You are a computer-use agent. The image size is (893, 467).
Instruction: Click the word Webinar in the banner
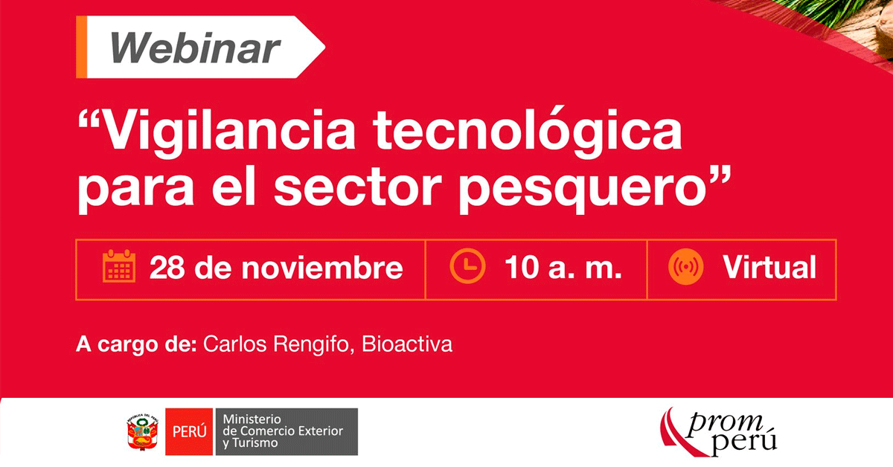(195, 48)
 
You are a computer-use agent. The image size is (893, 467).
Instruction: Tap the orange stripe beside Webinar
(81, 47)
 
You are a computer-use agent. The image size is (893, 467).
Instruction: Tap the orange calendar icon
(119, 266)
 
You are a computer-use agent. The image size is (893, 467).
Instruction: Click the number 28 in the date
(167, 268)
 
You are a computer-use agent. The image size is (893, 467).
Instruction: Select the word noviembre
(322, 268)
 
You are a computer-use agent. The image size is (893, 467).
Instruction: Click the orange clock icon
(467, 265)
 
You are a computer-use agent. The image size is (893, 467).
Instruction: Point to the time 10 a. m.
(563, 267)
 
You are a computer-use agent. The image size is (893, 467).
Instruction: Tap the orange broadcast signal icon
(685, 266)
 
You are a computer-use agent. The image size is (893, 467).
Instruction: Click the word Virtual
(769, 266)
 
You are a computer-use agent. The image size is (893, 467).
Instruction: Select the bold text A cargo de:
(136, 344)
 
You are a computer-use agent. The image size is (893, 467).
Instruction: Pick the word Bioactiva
(406, 344)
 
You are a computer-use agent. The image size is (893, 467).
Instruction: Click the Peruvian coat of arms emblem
(142, 432)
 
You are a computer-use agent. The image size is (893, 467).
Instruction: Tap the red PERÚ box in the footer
(189, 431)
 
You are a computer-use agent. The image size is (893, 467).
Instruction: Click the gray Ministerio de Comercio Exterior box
(287, 431)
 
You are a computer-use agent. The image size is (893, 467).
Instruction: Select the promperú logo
(718, 432)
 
